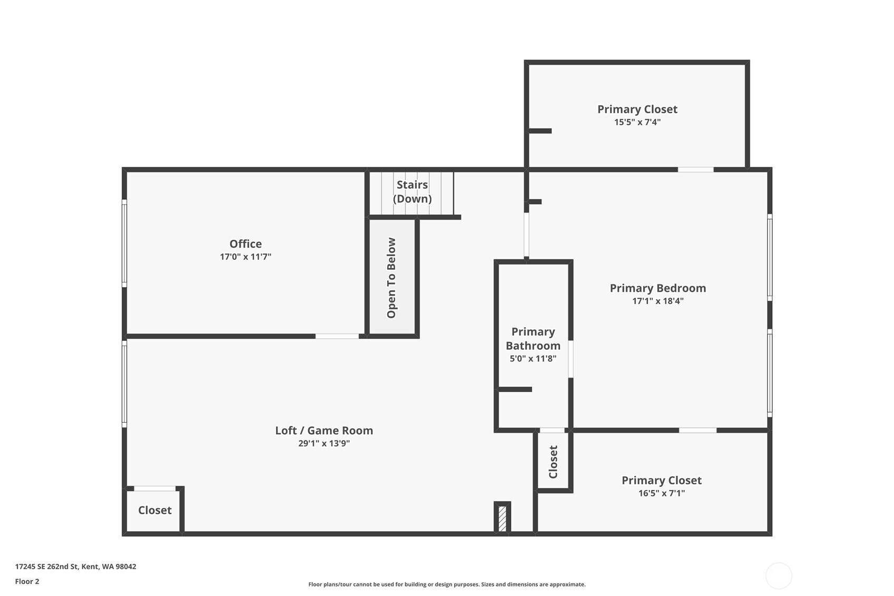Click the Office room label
(x=245, y=243)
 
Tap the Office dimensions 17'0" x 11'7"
(x=245, y=257)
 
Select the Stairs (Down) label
(x=412, y=192)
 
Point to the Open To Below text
(x=391, y=278)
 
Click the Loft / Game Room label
(x=324, y=431)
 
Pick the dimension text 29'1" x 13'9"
(x=324, y=443)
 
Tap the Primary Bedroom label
(x=658, y=288)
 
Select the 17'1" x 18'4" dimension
(x=658, y=301)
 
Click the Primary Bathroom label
(x=533, y=338)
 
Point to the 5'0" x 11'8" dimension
(x=533, y=358)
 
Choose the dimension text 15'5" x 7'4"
(x=637, y=122)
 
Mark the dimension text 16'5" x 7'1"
(x=662, y=493)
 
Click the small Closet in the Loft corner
(x=155, y=510)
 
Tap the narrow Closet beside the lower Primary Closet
(x=553, y=462)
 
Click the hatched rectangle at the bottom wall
(x=503, y=518)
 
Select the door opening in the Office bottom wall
(x=337, y=336)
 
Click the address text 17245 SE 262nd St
(x=48, y=566)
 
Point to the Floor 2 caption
(x=27, y=582)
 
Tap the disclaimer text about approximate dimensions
(x=447, y=584)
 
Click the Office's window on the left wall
(x=124, y=243)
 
